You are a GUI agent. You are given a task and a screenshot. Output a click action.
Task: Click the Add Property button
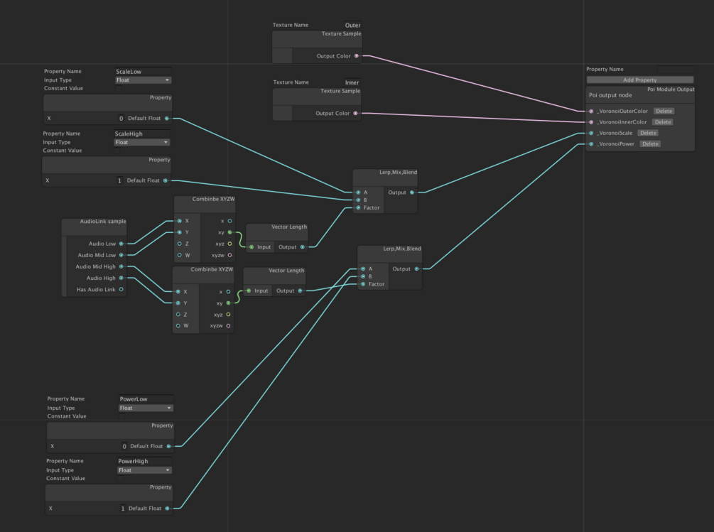[x=639, y=80]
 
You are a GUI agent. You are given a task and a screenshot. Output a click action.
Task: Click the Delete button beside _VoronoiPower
[x=650, y=144]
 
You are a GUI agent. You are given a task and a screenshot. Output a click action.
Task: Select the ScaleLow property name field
[x=142, y=72]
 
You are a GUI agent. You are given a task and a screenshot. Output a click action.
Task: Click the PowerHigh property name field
[x=145, y=461]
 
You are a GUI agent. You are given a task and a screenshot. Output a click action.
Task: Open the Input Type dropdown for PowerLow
[x=146, y=408]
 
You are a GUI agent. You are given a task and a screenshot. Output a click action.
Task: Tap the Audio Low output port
[x=121, y=244]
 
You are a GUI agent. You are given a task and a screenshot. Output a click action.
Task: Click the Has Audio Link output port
[x=121, y=289]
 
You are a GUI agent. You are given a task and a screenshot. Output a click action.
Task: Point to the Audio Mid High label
[x=95, y=266]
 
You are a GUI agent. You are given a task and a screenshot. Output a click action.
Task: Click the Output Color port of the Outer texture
[x=356, y=55]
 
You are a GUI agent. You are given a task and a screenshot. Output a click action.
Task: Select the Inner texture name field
[x=352, y=83]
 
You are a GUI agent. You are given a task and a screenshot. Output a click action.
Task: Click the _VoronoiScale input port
[x=591, y=133]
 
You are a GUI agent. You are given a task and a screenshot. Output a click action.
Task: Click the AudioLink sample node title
[x=102, y=222]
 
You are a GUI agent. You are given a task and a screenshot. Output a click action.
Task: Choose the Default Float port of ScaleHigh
[x=166, y=180]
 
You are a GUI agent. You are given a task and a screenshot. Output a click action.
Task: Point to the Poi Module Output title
[x=670, y=89]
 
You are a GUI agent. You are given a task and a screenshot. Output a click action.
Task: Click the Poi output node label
[x=610, y=95]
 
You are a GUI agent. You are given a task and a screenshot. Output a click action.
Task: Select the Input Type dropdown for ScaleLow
[x=143, y=80]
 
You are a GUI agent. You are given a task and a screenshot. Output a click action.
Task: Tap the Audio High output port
[x=121, y=278]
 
